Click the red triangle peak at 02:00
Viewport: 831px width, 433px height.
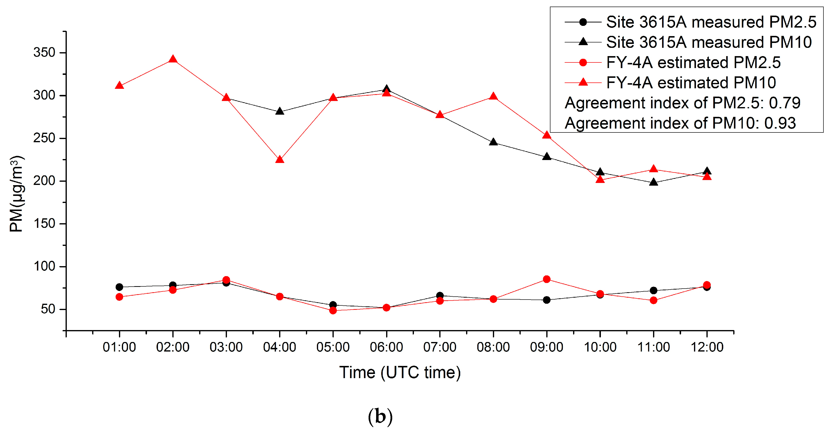(x=173, y=59)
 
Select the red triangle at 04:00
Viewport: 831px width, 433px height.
(x=280, y=160)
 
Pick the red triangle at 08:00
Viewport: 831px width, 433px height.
(x=493, y=96)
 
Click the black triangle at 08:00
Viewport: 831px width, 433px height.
(x=493, y=142)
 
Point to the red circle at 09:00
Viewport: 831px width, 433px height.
(x=547, y=279)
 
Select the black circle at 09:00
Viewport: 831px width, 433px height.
(x=547, y=300)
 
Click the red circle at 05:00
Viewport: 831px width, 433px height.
(x=333, y=311)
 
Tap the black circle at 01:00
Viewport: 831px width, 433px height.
(x=119, y=287)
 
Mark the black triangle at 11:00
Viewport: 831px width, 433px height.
(x=654, y=182)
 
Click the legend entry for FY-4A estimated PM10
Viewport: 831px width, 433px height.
(x=690, y=83)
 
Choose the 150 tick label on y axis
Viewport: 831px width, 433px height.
(x=45, y=224)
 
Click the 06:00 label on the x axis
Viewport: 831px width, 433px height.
(x=386, y=347)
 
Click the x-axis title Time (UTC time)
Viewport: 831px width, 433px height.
(x=400, y=373)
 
